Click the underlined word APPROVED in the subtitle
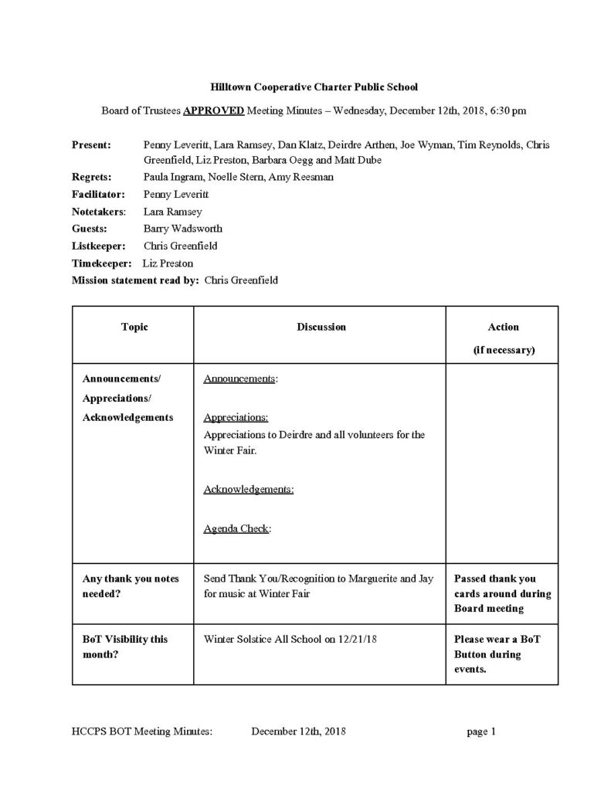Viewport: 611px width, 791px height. coord(214,110)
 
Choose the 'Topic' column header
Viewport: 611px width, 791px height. coord(134,327)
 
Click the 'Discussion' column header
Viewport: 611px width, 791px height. coord(321,327)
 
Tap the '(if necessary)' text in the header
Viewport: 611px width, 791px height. coord(504,350)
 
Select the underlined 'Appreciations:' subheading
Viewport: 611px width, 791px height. coord(236,418)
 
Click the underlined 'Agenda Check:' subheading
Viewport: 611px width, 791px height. coord(237,529)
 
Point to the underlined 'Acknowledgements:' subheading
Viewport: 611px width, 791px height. coord(248,489)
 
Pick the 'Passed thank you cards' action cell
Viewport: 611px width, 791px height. coord(502,593)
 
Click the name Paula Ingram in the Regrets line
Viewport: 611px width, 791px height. coord(171,177)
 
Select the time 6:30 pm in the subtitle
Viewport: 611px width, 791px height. coord(507,110)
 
